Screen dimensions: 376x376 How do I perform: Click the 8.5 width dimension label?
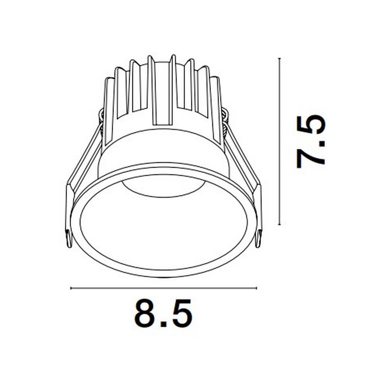(x=163, y=314)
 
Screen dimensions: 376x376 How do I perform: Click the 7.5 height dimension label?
(x=311, y=142)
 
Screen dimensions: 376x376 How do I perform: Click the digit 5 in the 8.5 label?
(x=181, y=314)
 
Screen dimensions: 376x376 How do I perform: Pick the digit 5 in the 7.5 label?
(x=311, y=125)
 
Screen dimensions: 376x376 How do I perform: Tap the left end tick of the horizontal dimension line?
(x=71, y=288)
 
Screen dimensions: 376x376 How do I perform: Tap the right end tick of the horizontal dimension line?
(x=256, y=288)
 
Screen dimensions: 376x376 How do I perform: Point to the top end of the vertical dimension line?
(x=279, y=59)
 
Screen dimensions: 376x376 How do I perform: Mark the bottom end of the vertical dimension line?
(x=279, y=224)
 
